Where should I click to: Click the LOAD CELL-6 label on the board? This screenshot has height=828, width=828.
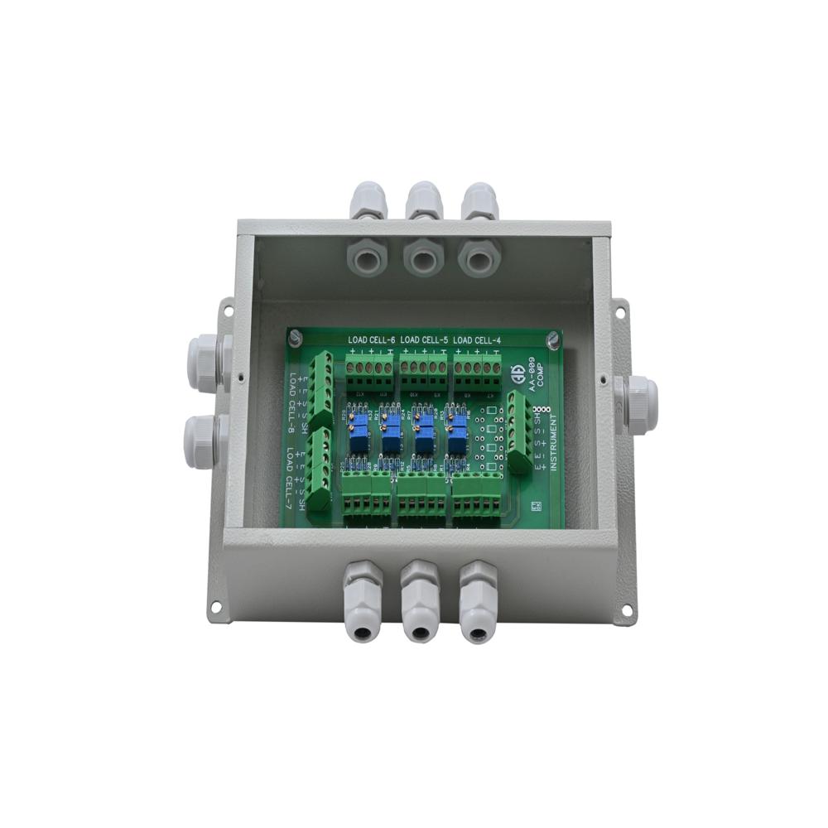tap(370, 340)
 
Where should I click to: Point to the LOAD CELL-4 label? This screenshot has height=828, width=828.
tap(477, 340)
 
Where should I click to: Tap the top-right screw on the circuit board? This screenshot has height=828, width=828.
tap(552, 337)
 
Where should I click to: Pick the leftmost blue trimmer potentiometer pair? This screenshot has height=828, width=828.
tap(359, 431)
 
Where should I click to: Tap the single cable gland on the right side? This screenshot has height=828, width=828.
tap(638, 402)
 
